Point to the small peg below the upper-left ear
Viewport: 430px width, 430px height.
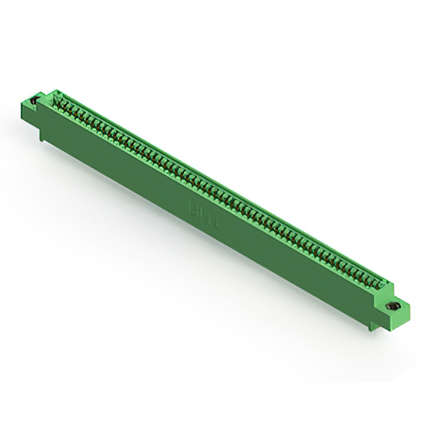coord(42,136)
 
